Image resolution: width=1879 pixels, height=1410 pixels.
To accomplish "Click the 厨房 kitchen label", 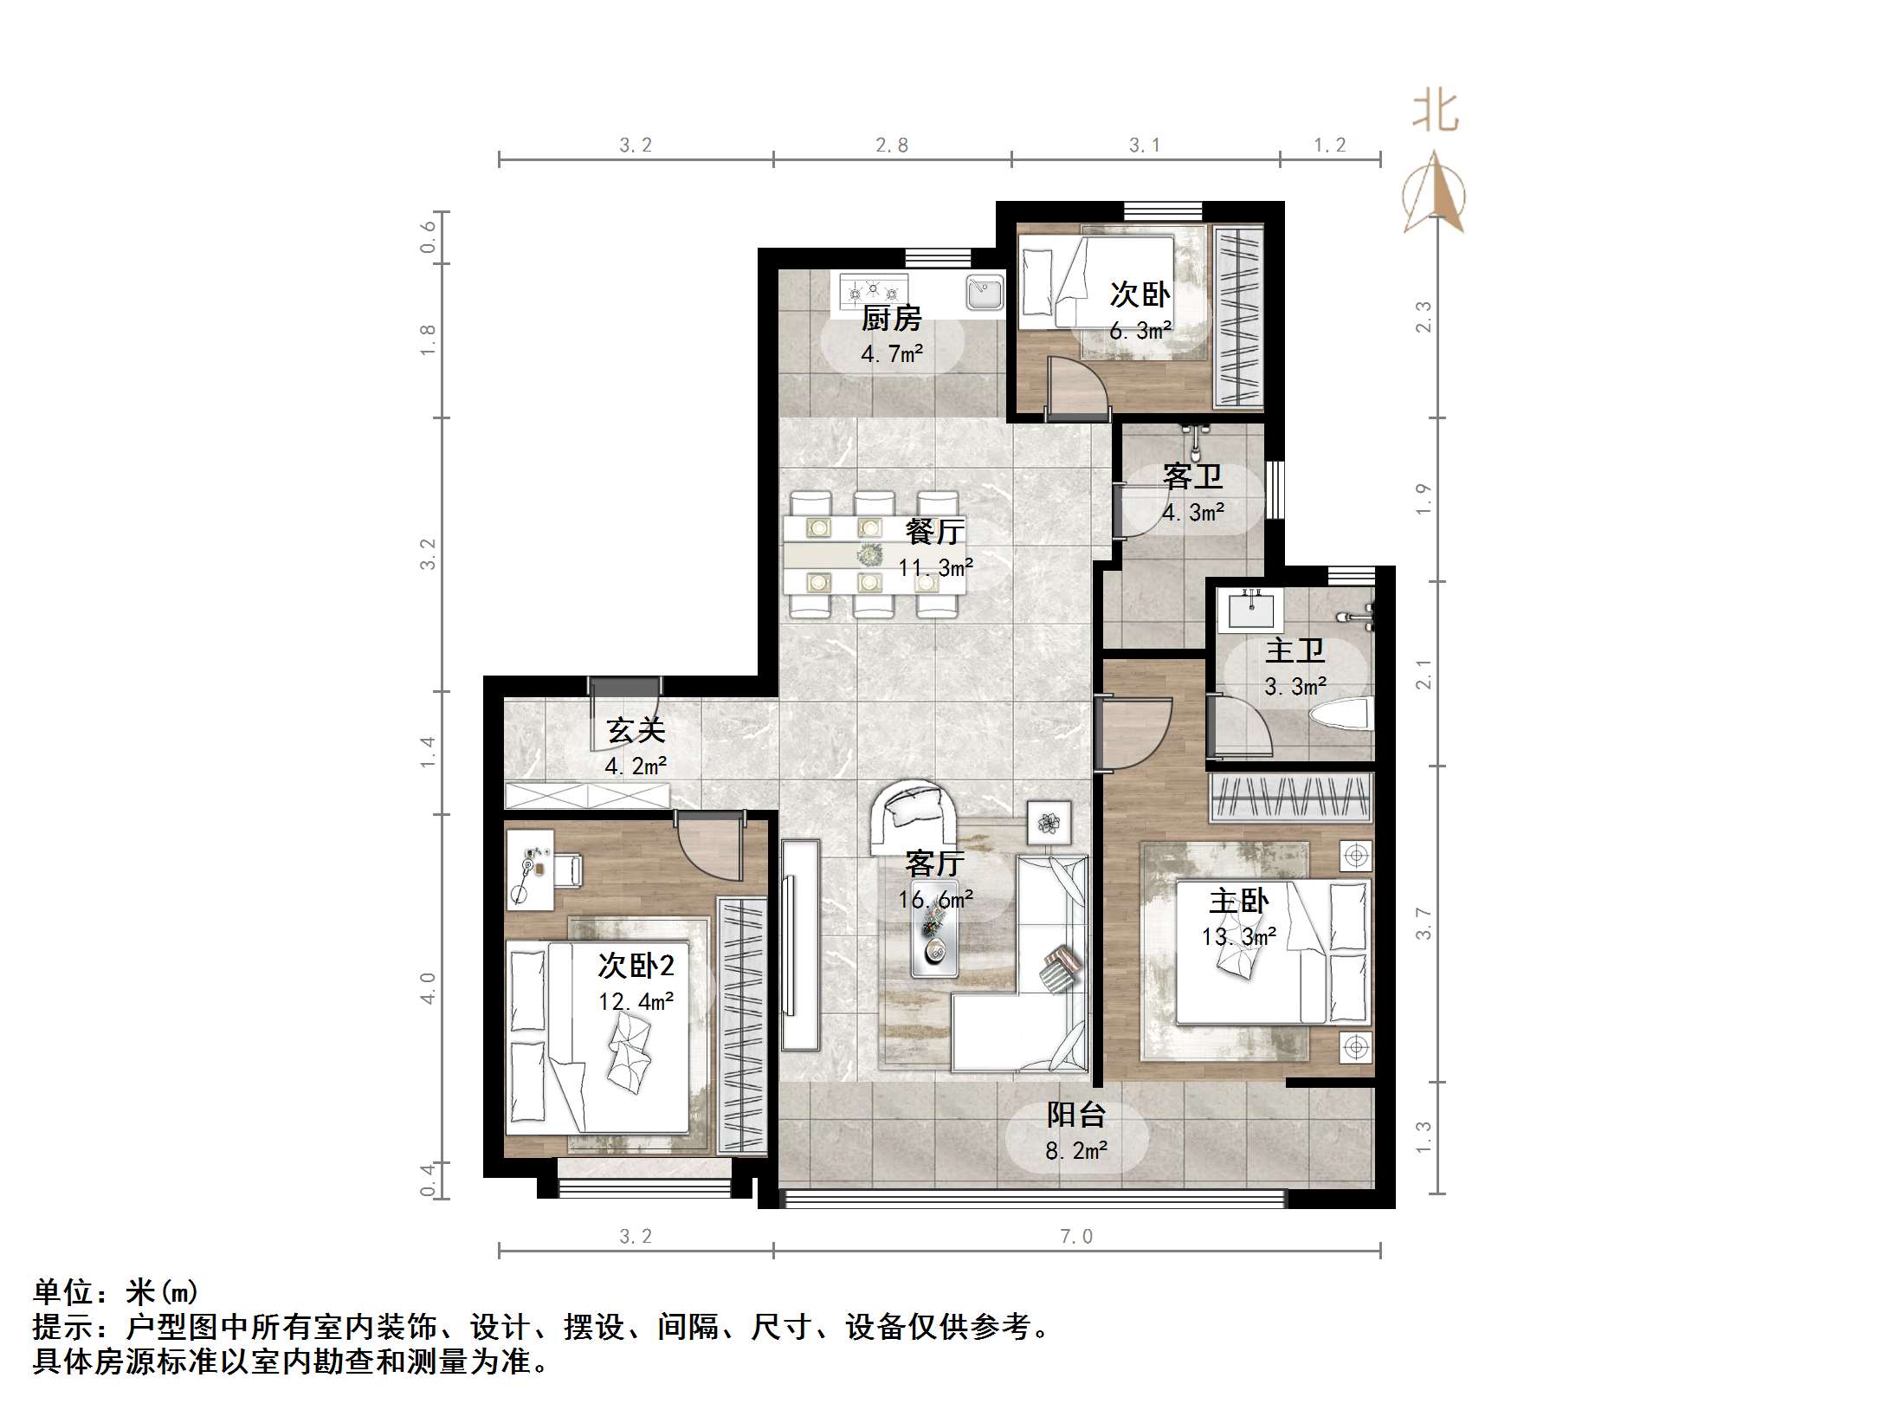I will point(891,319).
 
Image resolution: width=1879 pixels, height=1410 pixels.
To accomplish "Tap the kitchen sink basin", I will point(985,293).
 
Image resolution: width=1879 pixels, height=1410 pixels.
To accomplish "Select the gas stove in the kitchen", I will point(872,290).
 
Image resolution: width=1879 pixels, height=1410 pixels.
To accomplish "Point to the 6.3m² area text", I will point(1140,331).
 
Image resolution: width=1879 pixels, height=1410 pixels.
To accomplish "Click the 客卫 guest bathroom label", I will point(1192,477).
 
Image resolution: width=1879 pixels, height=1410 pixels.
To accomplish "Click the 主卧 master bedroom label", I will point(1239,902).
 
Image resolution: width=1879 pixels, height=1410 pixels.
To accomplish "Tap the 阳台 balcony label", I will point(1076,1115).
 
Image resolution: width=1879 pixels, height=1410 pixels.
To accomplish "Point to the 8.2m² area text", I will point(1076,1151).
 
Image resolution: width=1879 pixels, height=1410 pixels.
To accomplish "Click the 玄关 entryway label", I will point(636,730).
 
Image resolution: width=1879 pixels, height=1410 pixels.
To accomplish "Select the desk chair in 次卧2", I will point(568,870).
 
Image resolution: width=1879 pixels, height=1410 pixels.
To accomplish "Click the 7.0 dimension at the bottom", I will point(1076,1237).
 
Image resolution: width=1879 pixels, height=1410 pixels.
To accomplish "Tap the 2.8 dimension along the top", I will point(892,146).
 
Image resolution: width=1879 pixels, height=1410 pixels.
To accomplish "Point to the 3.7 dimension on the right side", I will point(1424,924).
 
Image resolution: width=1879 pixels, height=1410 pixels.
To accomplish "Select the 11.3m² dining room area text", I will point(935,568).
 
